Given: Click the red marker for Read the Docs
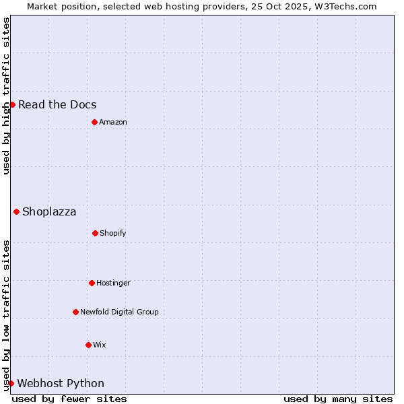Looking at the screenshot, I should click(12, 104).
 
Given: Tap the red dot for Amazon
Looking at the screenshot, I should click(94, 122).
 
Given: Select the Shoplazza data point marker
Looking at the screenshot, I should click(16, 211).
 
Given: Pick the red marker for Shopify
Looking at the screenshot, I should click(95, 233).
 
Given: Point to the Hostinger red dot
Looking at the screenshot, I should click(92, 283).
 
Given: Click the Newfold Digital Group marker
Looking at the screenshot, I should click(75, 312).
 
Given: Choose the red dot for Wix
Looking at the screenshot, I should click(88, 345).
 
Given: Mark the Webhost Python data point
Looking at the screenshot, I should click(11, 383).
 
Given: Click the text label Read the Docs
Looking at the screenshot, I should click(57, 104).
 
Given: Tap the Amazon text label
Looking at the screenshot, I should click(113, 122).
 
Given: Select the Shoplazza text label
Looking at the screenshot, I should click(49, 211).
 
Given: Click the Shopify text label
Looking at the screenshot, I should click(113, 233).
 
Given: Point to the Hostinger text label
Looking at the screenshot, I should click(113, 283).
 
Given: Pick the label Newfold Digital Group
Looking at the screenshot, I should click(119, 312).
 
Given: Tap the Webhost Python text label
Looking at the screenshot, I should click(61, 383).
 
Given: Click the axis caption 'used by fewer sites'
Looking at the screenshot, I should click(69, 399).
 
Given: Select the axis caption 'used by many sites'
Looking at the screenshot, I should click(338, 399).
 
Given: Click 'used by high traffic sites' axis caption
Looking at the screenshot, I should click(6, 96).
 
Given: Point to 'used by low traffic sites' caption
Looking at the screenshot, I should click(6, 315).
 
